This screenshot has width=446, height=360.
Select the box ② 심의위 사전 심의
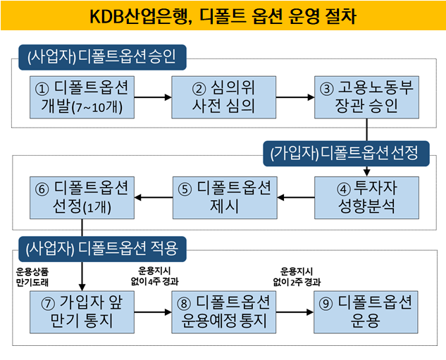223,97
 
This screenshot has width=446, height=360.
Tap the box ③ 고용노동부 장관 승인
366,97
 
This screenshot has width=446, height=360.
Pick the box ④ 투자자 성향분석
366,197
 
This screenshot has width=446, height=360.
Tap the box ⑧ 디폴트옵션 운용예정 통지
223,312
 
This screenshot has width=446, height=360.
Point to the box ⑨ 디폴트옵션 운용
366,312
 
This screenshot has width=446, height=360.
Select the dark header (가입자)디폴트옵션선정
345,151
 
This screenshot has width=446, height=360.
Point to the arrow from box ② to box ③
295,97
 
